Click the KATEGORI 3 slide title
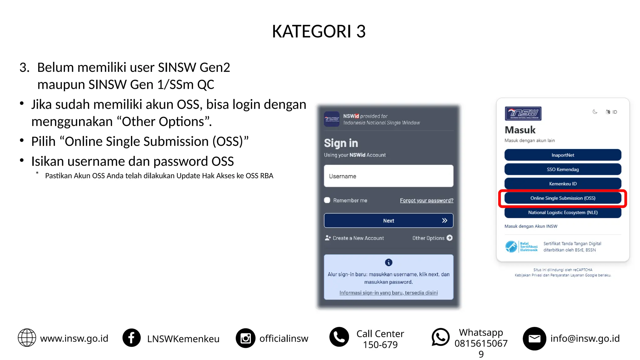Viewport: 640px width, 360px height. pyautogui.click(x=319, y=31)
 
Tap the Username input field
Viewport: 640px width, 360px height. pyautogui.click(x=388, y=176)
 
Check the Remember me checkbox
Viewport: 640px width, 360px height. pyautogui.click(x=327, y=200)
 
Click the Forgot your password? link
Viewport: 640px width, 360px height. pyautogui.click(x=427, y=200)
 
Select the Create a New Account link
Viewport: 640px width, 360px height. pyautogui.click(x=354, y=238)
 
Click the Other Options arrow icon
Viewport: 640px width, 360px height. pyautogui.click(x=450, y=238)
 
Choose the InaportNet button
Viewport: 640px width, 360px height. pyautogui.click(x=562, y=155)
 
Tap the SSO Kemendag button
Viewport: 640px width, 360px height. pyautogui.click(x=562, y=169)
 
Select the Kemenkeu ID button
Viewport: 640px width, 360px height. pyautogui.click(x=562, y=184)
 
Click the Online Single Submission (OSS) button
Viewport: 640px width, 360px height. pyautogui.click(x=562, y=198)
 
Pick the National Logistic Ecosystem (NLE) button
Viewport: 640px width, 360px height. pyautogui.click(x=562, y=212)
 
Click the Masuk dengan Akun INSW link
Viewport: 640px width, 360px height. pyautogui.click(x=531, y=226)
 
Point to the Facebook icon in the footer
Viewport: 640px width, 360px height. pyautogui.click(x=132, y=338)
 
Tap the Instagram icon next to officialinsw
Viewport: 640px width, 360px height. pyautogui.click(x=246, y=338)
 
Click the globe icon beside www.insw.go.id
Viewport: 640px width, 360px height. pyautogui.click(x=27, y=338)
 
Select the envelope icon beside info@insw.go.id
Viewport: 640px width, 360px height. pyautogui.click(x=534, y=338)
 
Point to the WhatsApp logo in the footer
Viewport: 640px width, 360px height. pyautogui.click(x=440, y=337)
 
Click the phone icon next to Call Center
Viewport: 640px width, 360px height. pyautogui.click(x=339, y=337)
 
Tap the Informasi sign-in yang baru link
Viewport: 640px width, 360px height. pyautogui.click(x=388, y=293)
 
